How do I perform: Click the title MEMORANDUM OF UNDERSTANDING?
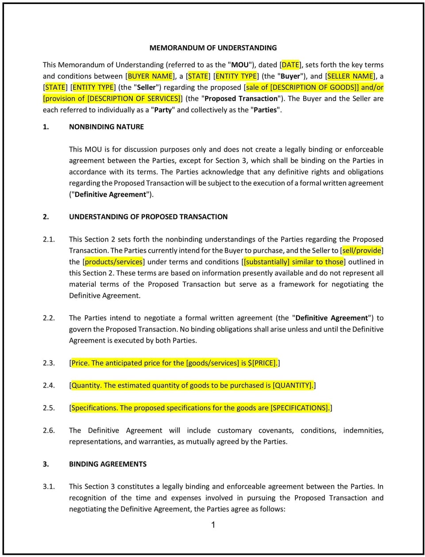(x=213, y=48)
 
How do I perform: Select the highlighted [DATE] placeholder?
(x=290, y=65)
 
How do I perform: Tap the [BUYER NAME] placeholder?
(x=151, y=76)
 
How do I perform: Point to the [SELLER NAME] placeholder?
(x=350, y=76)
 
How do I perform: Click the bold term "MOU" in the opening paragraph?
(x=240, y=65)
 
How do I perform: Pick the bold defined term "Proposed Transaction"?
(x=241, y=99)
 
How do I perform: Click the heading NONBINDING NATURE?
(x=106, y=127)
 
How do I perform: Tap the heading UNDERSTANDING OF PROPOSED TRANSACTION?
(x=148, y=217)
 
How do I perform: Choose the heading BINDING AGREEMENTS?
(x=108, y=464)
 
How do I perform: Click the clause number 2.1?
(x=49, y=239)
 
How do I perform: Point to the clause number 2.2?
(x=49, y=318)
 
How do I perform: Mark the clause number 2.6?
(x=49, y=430)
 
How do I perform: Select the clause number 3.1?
(x=49, y=487)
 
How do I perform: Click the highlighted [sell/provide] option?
(x=362, y=250)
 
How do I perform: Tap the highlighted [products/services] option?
(x=114, y=262)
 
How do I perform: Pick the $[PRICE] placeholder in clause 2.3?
(x=262, y=363)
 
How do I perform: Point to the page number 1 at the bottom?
(x=213, y=525)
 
